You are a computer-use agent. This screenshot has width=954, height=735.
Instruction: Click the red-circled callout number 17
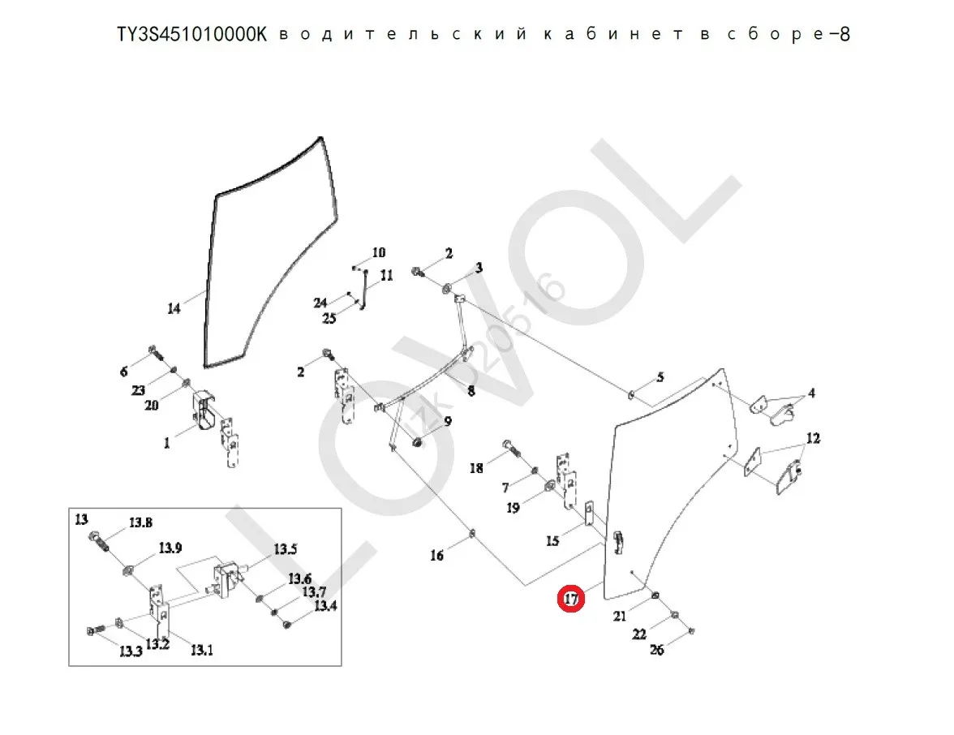[x=571, y=599]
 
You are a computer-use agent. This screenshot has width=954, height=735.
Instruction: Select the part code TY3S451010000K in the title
[x=191, y=35]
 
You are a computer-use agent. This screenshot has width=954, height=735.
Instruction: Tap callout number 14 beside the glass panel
[x=174, y=308]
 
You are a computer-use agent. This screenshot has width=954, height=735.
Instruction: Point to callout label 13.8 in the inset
[x=140, y=522]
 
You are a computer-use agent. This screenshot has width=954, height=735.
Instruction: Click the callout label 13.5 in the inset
[x=285, y=550]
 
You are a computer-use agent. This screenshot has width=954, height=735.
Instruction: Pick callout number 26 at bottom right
[x=656, y=649]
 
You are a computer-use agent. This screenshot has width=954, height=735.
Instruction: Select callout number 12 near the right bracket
[x=813, y=439]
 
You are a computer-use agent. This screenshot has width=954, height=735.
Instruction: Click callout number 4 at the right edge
[x=810, y=393]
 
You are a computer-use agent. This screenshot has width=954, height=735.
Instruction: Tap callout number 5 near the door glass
[x=660, y=376]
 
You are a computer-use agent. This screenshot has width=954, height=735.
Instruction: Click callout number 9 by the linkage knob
[x=447, y=422]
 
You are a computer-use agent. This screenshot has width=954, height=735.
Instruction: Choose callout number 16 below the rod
[x=436, y=555]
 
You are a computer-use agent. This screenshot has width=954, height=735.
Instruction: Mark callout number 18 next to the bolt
[x=476, y=468]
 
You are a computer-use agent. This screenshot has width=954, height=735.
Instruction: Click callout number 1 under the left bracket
[x=167, y=443]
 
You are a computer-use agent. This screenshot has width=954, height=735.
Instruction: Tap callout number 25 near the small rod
[x=329, y=319]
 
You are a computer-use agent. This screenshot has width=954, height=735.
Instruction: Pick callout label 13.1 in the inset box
[x=201, y=649]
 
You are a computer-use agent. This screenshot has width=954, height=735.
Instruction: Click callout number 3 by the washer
[x=479, y=268]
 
